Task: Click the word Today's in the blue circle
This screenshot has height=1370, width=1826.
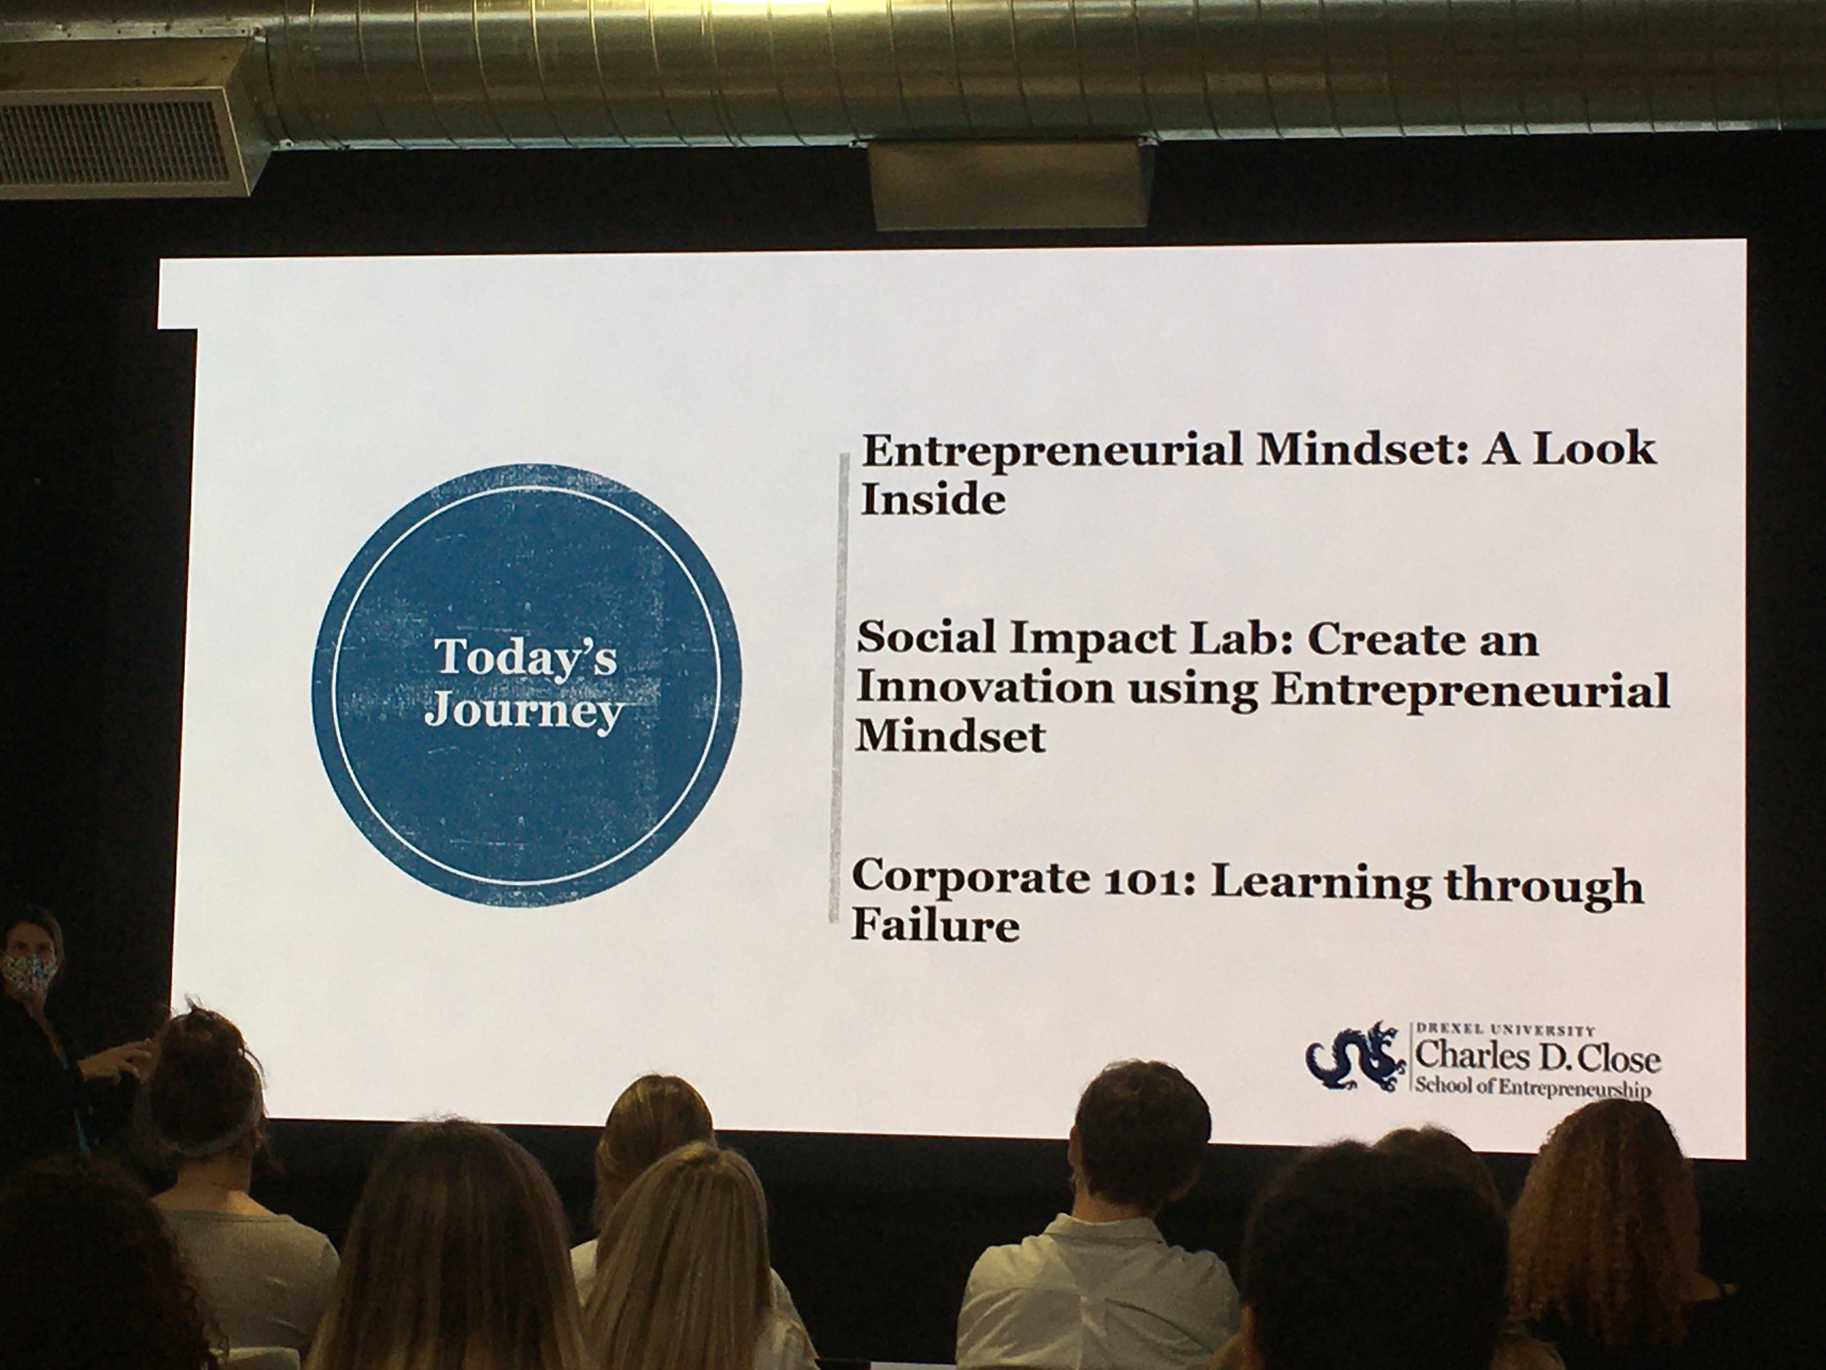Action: point(526,658)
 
